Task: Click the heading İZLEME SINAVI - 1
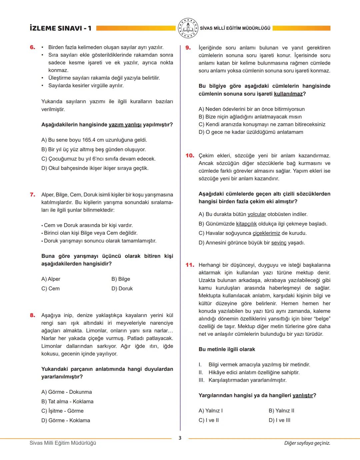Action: (x=60, y=28)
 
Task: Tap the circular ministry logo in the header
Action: (x=188, y=28)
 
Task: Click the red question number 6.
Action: (x=32, y=47)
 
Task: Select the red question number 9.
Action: (x=188, y=48)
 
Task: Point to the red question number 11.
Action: (x=190, y=265)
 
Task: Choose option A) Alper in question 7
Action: (x=51, y=279)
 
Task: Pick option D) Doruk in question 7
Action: (x=122, y=288)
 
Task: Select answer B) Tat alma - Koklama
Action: (x=67, y=401)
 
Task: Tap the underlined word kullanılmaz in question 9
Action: (x=288, y=94)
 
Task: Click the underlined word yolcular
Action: (x=257, y=214)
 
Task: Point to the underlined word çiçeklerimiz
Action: (x=266, y=233)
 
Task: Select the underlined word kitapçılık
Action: (x=246, y=224)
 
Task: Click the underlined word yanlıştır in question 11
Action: (x=303, y=395)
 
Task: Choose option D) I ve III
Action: (x=279, y=420)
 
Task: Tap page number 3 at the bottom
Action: (x=180, y=438)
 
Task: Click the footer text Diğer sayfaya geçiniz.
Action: (x=307, y=443)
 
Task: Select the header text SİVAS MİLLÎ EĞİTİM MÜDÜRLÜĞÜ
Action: (x=235, y=28)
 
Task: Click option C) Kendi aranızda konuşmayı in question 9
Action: (x=262, y=124)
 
